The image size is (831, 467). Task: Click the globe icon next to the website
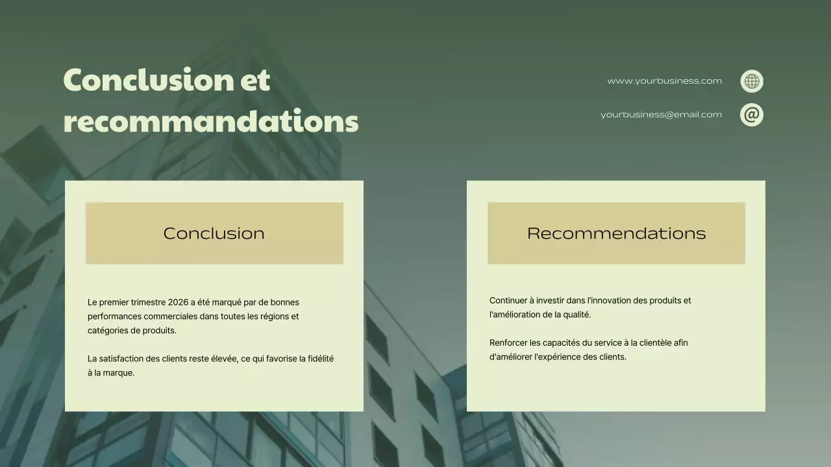752,81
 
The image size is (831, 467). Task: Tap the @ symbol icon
752,115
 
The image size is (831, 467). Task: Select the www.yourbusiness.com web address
664,81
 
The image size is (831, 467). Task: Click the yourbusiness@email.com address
661,115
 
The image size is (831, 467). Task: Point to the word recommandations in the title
211,121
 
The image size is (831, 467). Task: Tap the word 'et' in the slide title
255,80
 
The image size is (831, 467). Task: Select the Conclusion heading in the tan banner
214,233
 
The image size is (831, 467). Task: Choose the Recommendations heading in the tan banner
616,233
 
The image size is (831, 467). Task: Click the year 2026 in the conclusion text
178,302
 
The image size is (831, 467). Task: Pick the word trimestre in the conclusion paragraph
148,302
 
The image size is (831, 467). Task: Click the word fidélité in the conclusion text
321,359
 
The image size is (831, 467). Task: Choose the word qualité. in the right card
577,315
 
